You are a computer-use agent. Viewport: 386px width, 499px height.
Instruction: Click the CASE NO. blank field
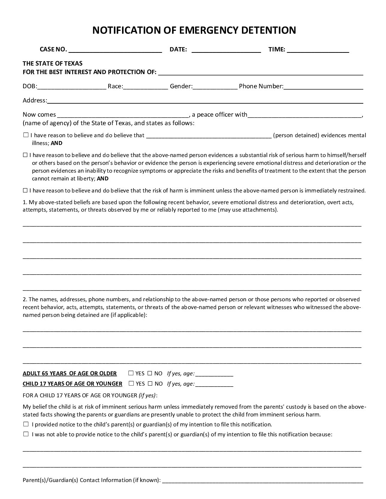(115, 50)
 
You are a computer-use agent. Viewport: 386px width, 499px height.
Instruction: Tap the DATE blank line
(226, 50)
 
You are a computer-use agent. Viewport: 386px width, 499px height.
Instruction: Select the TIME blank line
(318, 50)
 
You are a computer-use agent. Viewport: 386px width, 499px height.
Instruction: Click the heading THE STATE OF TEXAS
(53, 63)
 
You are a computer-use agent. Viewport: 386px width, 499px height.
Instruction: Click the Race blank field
(145, 86)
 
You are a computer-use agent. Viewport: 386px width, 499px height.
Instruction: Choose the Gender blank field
(215, 86)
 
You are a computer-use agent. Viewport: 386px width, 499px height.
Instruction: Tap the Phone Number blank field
(323, 86)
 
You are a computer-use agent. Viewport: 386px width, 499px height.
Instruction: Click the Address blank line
(205, 101)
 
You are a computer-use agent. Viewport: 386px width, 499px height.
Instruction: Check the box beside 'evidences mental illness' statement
(26, 135)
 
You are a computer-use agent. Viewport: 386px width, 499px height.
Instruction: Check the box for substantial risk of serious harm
(26, 155)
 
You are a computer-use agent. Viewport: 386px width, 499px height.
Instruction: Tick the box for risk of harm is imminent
(26, 190)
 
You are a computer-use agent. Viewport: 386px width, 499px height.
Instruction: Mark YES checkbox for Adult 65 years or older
(131, 373)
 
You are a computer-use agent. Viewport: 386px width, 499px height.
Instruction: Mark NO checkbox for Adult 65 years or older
(150, 373)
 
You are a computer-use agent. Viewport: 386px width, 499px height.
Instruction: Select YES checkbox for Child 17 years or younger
(131, 383)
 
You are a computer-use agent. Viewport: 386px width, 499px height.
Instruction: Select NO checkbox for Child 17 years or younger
(150, 383)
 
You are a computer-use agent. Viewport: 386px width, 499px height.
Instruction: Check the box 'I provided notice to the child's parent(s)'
(26, 424)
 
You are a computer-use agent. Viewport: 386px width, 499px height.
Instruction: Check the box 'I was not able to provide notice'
(26, 434)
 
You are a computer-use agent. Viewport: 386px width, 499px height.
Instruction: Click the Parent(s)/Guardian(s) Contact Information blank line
(263, 481)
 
